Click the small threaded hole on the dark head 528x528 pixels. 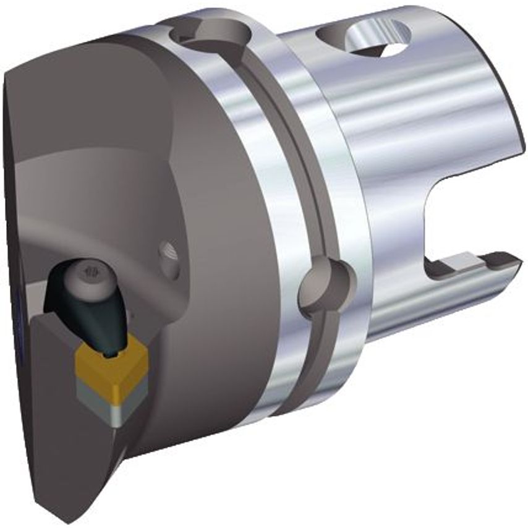pos(168,252)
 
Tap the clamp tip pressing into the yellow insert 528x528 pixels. pos(112,350)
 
